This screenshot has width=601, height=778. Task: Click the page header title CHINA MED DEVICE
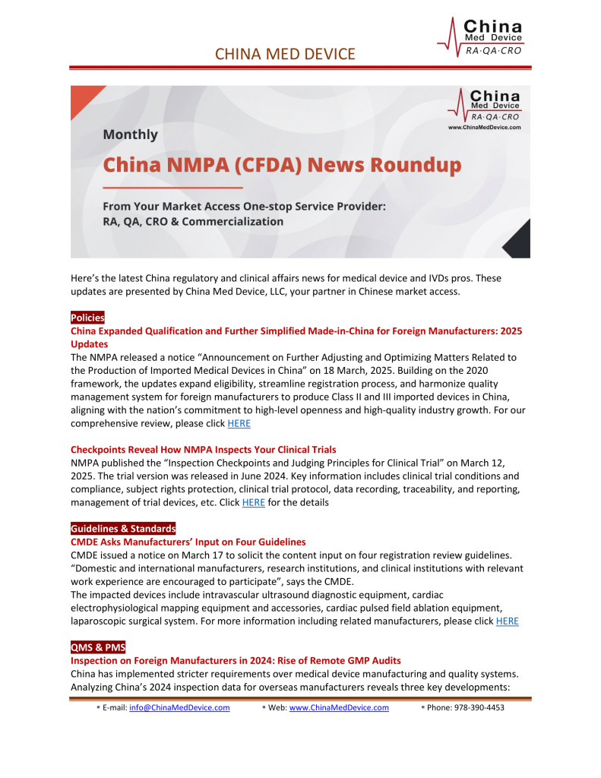[x=285, y=53]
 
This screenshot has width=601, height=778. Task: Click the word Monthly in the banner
[x=131, y=134]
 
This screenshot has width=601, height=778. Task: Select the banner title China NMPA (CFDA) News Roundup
[x=282, y=165]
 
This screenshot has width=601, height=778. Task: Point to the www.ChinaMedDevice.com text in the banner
[x=485, y=128]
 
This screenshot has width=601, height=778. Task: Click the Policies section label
[x=87, y=317]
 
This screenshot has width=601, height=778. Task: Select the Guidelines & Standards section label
[x=123, y=528]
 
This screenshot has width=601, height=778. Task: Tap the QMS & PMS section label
[x=97, y=647]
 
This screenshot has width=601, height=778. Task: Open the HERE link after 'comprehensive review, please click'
[x=239, y=423]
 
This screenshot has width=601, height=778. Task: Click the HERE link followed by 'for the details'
[x=253, y=501]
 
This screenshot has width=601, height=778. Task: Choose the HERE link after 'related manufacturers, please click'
[x=507, y=621]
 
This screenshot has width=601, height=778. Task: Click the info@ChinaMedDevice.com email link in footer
[x=179, y=707]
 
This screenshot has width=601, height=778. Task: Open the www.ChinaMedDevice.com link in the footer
[x=339, y=707]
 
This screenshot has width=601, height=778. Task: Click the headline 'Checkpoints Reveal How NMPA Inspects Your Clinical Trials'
[x=203, y=450]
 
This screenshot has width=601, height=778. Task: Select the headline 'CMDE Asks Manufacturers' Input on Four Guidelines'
[x=188, y=542]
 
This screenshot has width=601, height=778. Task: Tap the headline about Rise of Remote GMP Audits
[x=236, y=660]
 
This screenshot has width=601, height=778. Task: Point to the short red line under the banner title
[x=172, y=187]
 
